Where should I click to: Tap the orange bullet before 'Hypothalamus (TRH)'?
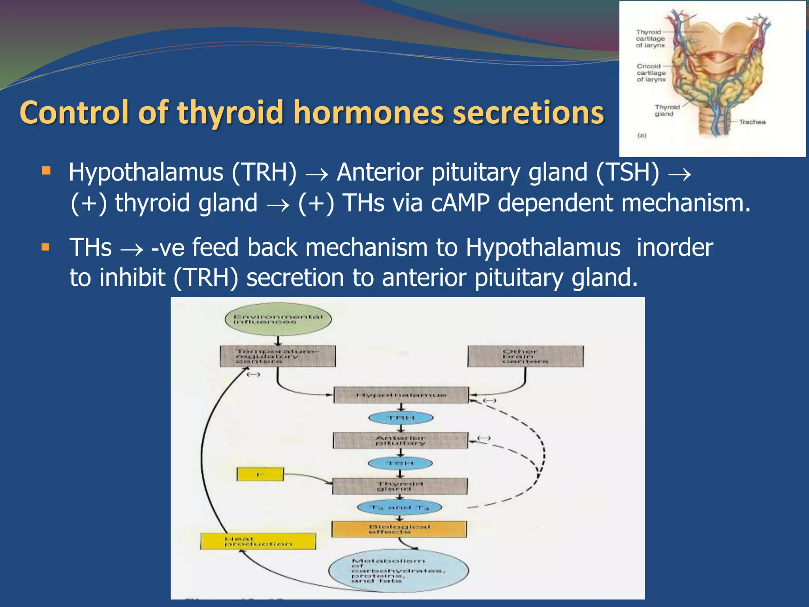[x=46, y=171]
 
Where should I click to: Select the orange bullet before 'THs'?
[x=45, y=247]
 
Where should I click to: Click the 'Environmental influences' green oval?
[x=278, y=319]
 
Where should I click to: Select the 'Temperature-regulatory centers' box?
[x=278, y=356]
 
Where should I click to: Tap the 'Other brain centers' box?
[x=525, y=356]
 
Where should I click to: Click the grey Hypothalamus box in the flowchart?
[x=401, y=395]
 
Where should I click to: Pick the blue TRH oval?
[x=401, y=418]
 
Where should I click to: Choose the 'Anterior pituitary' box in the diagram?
[x=400, y=440]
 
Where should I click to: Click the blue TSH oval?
[x=400, y=463]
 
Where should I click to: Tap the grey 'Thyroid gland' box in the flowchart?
[x=400, y=486]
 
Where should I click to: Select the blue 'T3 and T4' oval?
[x=399, y=507]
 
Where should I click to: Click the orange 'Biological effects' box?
[x=399, y=529]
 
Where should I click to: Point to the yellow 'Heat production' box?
[x=258, y=541]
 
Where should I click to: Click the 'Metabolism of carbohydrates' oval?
[x=398, y=571]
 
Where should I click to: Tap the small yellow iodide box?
[x=260, y=474]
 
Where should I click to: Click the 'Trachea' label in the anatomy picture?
[x=752, y=122]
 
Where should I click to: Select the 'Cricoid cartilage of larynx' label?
[x=651, y=73]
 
